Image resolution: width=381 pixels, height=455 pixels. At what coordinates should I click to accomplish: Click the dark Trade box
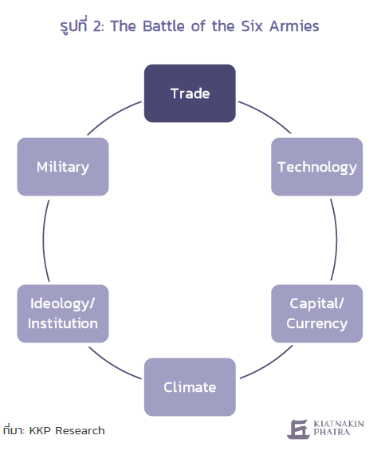(x=190, y=93)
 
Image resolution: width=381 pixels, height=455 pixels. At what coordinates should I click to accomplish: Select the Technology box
(x=316, y=167)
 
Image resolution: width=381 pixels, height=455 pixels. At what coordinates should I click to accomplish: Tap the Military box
(x=63, y=167)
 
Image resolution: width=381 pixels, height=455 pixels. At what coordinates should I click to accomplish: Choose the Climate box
(x=190, y=387)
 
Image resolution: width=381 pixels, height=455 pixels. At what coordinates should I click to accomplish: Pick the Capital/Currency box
(x=316, y=314)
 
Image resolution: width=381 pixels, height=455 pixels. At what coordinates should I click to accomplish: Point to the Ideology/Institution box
(x=63, y=314)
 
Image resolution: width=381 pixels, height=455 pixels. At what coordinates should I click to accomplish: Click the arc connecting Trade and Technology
(x=267, y=115)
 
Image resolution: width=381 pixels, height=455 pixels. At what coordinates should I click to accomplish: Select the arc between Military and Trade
(x=112, y=116)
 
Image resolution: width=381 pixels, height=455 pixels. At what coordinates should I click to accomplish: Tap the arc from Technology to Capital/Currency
(x=336, y=240)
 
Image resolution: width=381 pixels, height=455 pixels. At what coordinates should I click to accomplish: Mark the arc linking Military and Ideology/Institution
(x=44, y=240)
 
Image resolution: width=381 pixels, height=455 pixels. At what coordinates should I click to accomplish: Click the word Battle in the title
(x=163, y=26)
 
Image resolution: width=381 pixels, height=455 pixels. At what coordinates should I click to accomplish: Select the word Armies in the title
(x=294, y=26)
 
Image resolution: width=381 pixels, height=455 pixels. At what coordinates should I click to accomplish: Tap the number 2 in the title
(x=97, y=26)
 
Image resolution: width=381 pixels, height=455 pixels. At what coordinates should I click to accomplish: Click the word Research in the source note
(x=80, y=430)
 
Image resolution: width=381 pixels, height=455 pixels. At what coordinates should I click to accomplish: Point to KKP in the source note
(x=41, y=430)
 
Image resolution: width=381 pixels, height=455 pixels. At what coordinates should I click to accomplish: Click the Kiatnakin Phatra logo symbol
(x=298, y=429)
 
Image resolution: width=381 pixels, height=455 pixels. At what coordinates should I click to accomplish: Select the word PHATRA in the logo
(x=332, y=432)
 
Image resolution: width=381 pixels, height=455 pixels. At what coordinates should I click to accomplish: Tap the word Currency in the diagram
(x=316, y=324)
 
